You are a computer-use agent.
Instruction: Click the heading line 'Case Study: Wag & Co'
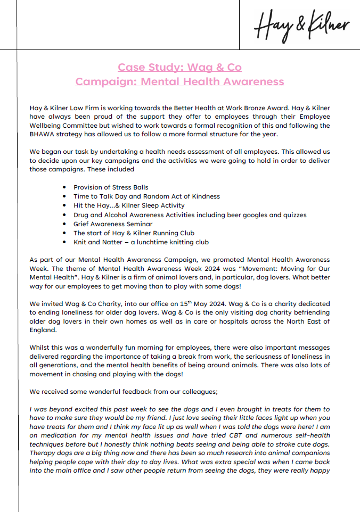click(179, 67)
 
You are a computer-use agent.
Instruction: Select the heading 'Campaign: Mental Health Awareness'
click(179, 81)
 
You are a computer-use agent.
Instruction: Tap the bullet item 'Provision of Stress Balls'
click(111, 187)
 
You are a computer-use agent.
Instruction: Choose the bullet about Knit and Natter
click(141, 242)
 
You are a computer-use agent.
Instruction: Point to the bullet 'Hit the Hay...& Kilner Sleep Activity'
click(129, 205)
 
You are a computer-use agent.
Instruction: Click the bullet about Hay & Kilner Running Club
click(134, 233)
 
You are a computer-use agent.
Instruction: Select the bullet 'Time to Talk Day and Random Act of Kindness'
click(146, 196)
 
